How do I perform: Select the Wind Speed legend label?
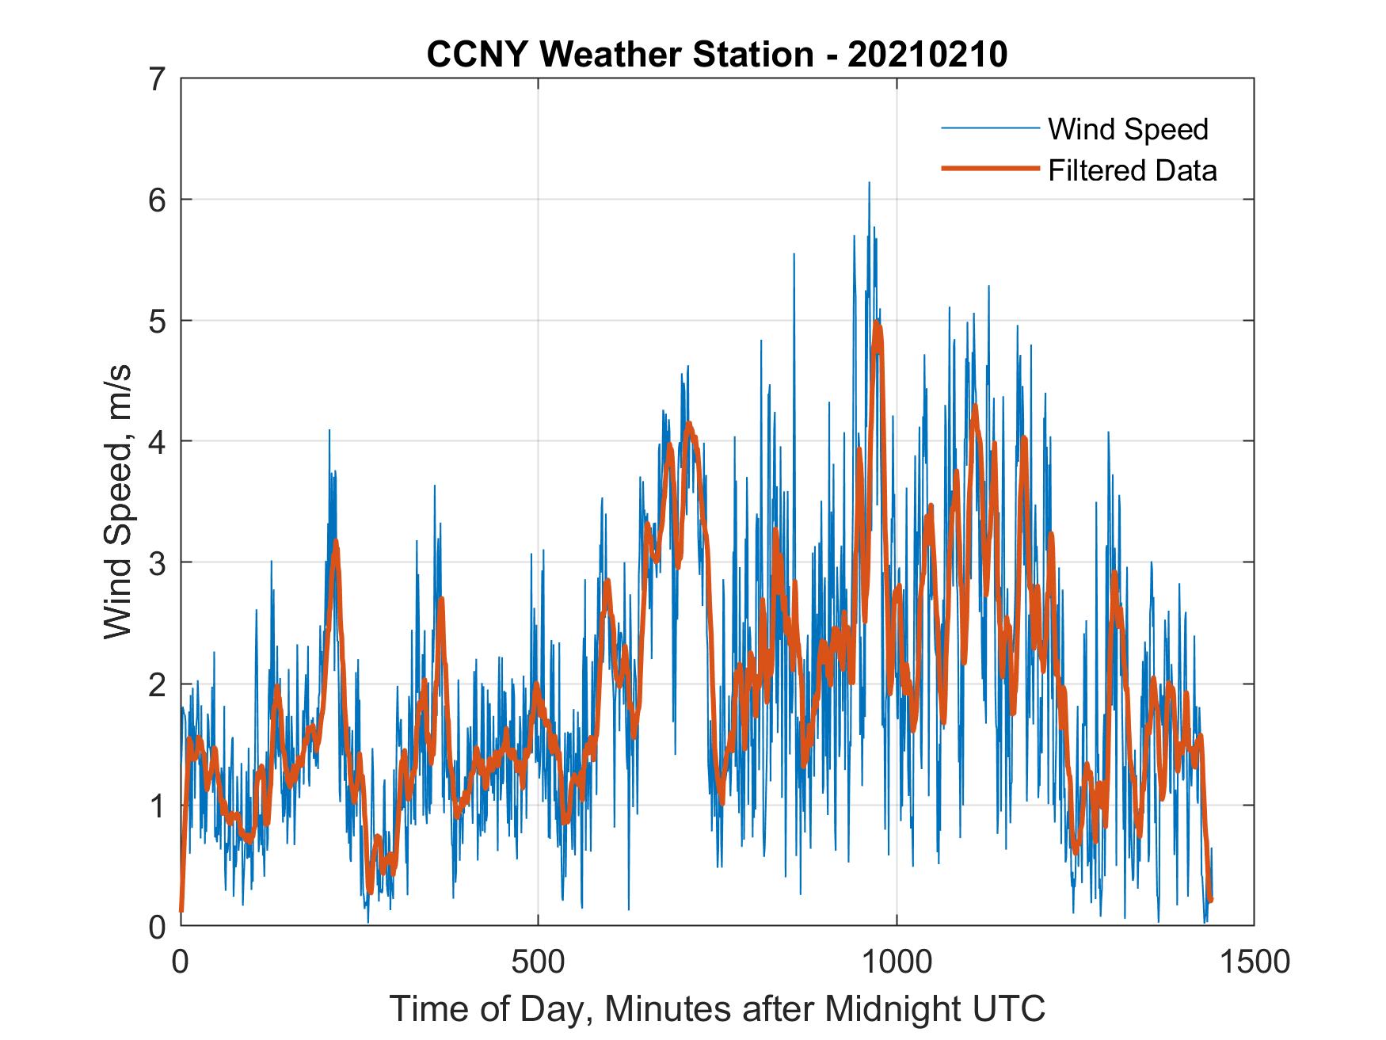(1128, 129)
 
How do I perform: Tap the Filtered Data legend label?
(1132, 170)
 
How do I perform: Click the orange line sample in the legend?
(989, 169)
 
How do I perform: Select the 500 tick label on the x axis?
(538, 962)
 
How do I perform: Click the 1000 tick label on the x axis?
(897, 962)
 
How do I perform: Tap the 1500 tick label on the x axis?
(1254, 962)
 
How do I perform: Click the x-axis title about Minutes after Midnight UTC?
(718, 1008)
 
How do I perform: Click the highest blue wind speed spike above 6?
(869, 184)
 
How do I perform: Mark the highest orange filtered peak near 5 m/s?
(876, 323)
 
